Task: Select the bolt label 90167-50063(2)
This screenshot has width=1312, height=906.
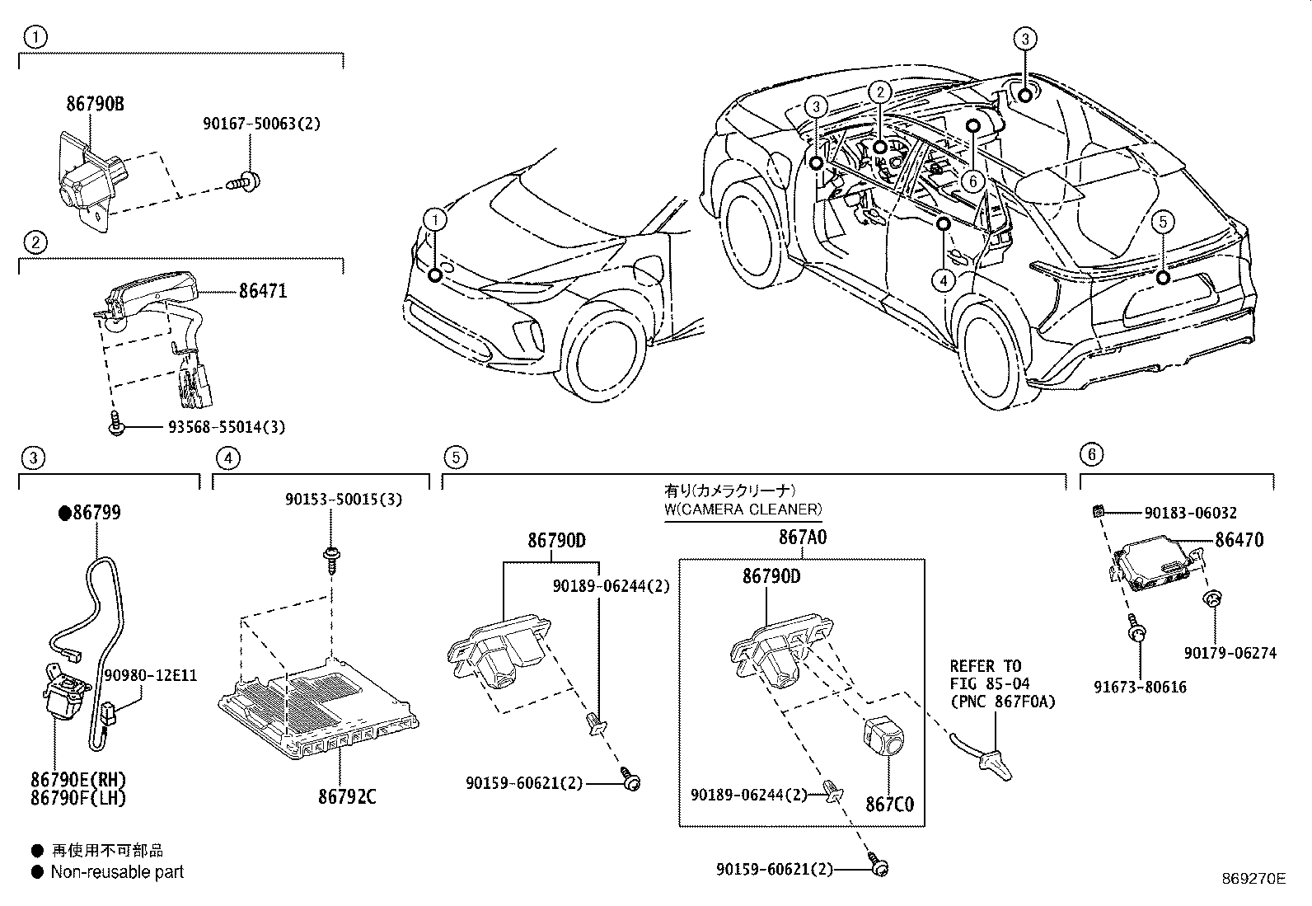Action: (x=261, y=124)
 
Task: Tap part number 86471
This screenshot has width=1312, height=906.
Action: (x=263, y=291)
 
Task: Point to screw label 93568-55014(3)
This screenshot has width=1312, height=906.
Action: (x=215, y=427)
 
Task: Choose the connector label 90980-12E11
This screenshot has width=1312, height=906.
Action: (x=151, y=675)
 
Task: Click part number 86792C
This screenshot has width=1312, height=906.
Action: (x=347, y=796)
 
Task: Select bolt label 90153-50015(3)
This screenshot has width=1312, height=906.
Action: (x=344, y=500)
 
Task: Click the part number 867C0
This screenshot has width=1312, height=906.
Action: (x=890, y=804)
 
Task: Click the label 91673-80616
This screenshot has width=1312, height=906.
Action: (x=1141, y=686)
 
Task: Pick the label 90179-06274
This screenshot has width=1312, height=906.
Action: (x=1230, y=653)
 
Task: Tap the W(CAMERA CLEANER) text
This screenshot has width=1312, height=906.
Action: (x=743, y=509)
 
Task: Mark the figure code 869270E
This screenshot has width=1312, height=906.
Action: (x=1254, y=879)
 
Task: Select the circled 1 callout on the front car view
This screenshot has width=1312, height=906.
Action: (x=435, y=219)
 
